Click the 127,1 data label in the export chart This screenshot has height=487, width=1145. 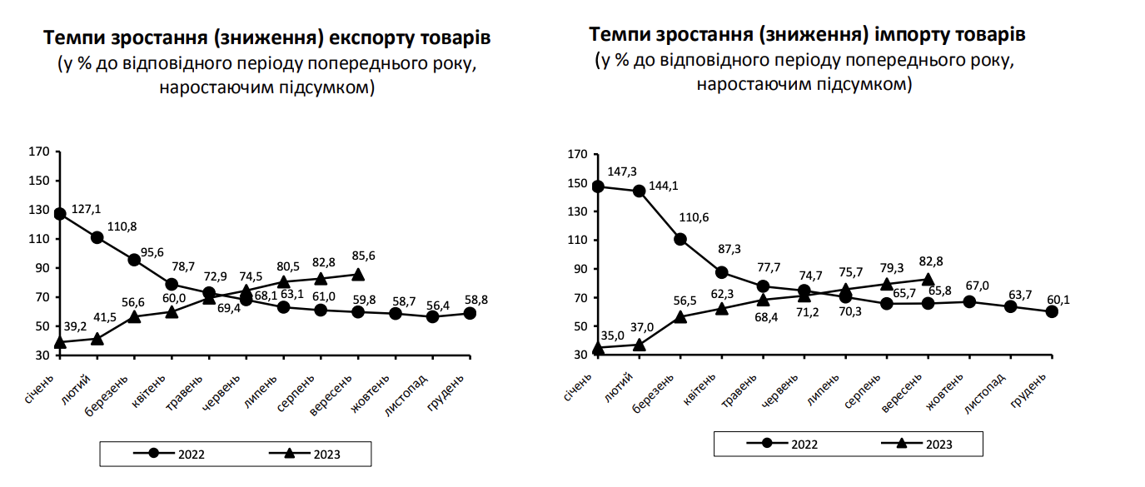tap(87, 208)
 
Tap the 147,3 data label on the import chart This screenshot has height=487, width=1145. tap(621, 171)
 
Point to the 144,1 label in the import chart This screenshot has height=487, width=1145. tap(664, 185)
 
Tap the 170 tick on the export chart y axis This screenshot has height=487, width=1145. tap(39, 152)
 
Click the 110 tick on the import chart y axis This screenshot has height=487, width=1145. tap(578, 240)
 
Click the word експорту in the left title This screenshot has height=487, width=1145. tap(373, 38)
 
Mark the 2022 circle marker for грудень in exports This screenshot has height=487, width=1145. tap(470, 313)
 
